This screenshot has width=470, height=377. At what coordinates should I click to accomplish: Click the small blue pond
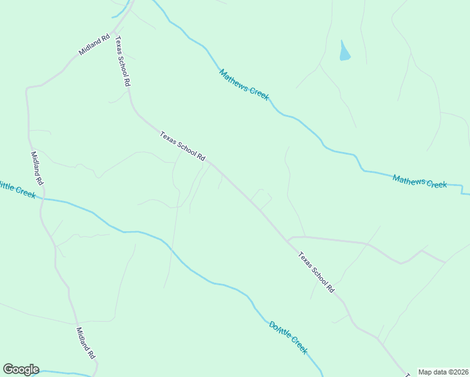(344, 52)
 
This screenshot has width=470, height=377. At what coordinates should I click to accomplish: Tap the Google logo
(21, 369)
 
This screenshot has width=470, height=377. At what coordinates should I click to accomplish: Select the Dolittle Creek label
(288, 337)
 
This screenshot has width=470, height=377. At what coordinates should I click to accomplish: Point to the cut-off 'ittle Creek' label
(18, 189)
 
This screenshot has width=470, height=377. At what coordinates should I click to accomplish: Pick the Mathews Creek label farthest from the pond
(419, 182)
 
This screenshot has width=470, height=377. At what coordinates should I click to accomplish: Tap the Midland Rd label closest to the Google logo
(86, 343)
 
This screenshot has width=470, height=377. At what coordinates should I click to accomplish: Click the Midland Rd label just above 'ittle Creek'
(36, 168)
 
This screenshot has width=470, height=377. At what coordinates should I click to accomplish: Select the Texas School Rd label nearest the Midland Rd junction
(123, 61)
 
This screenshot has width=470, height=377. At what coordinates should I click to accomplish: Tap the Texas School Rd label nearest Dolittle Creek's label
(316, 272)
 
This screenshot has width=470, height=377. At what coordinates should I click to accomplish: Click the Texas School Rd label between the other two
(182, 146)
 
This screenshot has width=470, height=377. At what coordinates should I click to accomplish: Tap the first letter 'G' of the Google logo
(8, 369)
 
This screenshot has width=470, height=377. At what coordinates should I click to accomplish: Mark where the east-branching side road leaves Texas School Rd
(288, 239)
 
